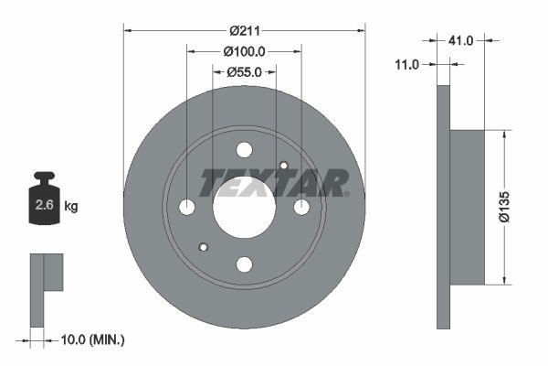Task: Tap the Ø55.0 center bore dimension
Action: pos(244,71)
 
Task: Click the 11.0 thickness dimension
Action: pos(407,64)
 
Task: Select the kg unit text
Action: pos(71,207)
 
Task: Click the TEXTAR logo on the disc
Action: pos(274,183)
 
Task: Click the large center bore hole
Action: pos(244,207)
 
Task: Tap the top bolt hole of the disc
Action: pos(244,150)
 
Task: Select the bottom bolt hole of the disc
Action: pos(244,264)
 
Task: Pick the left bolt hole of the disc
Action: pos(187,208)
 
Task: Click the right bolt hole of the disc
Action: pos(301,208)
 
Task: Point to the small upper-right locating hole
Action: pos(284,167)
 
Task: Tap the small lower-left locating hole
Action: pos(204,247)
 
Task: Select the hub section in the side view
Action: pos(468,207)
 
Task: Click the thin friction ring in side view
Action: pos(444,207)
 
